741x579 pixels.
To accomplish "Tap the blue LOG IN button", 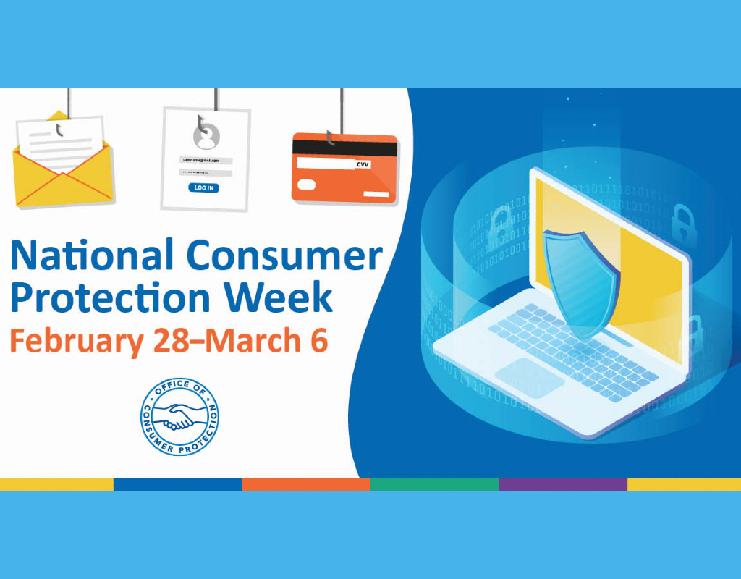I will coord(204,188).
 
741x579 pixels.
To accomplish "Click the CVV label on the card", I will coord(363,164).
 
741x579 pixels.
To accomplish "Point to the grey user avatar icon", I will coord(206,133).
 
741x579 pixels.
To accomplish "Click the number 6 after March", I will coord(319,339).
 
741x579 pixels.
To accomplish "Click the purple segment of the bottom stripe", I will coord(563,484).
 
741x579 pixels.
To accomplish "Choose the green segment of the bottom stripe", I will coord(434,484).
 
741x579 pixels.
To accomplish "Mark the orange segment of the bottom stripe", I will coord(305,484).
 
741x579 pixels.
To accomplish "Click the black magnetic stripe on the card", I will coord(344,148).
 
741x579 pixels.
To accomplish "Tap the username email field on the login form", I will coord(206,160).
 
